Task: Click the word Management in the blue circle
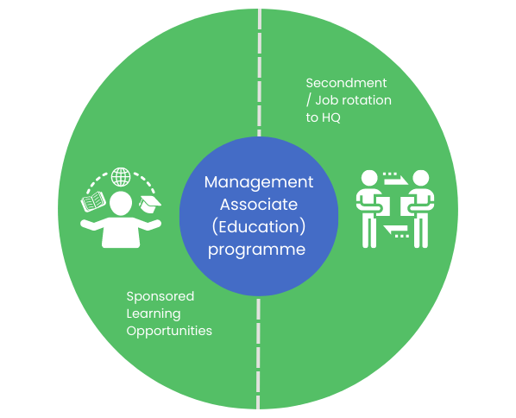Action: (259, 183)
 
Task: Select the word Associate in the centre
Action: (259, 205)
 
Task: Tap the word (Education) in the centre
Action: (259, 227)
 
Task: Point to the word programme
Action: (256, 250)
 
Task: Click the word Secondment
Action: (346, 83)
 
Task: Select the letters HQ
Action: (331, 117)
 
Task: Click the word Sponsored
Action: (160, 297)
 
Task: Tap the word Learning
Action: (154, 314)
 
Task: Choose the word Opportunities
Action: (169, 332)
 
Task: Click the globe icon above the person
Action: (121, 177)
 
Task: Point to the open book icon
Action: (93, 201)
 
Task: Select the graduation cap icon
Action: (150, 204)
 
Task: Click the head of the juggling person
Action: (121, 204)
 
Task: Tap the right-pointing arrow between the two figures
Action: (395, 179)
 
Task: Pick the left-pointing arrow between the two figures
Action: (396, 231)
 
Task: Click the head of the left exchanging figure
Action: (369, 178)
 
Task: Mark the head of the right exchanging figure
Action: (420, 178)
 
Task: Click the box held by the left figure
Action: (383, 206)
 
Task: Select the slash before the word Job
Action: (308, 100)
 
